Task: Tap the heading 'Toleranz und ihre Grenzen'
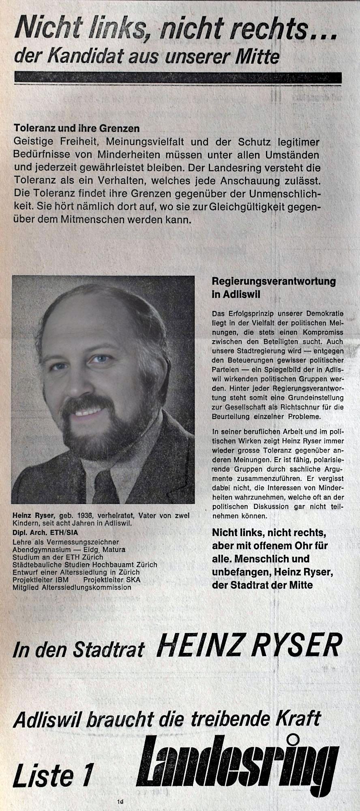(x=77, y=129)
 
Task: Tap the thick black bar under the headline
(x=178, y=77)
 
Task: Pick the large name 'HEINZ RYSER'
(x=249, y=645)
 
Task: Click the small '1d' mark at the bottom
(x=120, y=802)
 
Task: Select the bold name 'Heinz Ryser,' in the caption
(x=34, y=515)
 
